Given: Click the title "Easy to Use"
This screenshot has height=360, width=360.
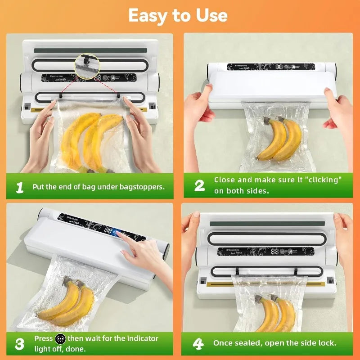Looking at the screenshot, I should (178, 15).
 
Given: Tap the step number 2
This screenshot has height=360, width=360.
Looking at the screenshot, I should (199, 185).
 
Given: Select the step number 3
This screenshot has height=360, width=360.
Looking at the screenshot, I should (19, 344).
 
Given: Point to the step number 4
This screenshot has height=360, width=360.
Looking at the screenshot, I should (198, 344).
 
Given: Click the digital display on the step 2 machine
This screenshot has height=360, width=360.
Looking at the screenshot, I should (279, 67).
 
